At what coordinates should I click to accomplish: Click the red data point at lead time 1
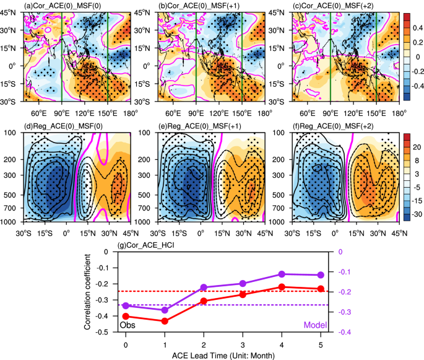165,321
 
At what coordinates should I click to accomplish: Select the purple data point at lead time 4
282,274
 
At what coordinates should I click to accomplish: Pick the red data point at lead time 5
321,289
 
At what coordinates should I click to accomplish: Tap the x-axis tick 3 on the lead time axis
243,343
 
